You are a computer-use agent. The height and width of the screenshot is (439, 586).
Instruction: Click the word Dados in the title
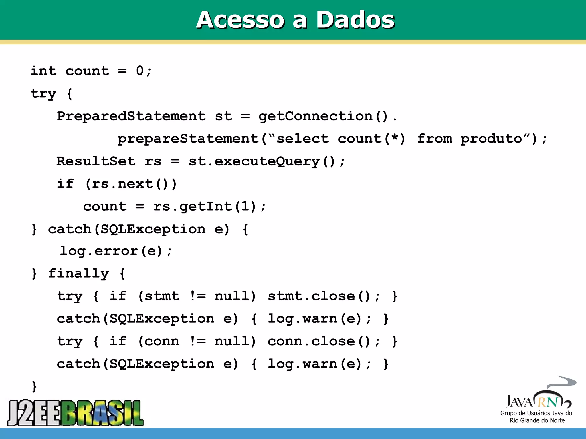click(355, 20)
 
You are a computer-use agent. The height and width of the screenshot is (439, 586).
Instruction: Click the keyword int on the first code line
click(43, 71)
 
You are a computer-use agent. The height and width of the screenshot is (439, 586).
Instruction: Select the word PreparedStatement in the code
click(131, 116)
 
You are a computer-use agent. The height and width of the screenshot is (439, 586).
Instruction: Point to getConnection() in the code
click(323, 116)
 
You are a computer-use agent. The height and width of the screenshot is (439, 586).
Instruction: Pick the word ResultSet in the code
click(96, 161)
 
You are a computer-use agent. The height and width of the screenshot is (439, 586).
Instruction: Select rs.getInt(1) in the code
click(205, 206)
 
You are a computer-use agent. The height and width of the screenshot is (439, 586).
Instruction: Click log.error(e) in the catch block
click(112, 251)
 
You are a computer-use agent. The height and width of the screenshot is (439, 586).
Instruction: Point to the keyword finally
click(78, 274)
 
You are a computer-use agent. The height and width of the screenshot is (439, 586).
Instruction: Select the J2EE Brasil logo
click(76, 412)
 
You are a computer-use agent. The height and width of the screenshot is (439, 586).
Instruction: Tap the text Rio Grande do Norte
click(537, 420)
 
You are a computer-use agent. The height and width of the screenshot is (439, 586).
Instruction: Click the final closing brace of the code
click(34, 386)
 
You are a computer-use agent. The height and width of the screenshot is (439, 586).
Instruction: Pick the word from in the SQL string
click(434, 139)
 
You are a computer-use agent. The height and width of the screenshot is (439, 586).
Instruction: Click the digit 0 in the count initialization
click(140, 71)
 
